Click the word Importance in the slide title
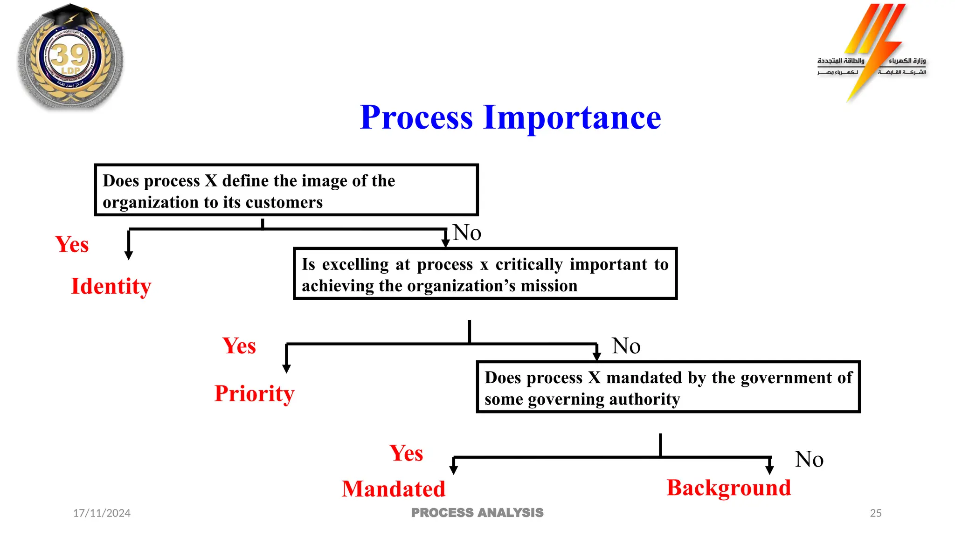[x=572, y=117]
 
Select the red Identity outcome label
[x=111, y=286]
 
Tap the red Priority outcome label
[x=254, y=393]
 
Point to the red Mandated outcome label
[x=394, y=489]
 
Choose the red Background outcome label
[x=729, y=488]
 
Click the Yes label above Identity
[x=72, y=244]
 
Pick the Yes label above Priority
[x=239, y=346]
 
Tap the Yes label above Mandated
[x=406, y=453]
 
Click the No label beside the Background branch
[x=809, y=459]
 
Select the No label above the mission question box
[x=467, y=233]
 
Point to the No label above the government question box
[x=626, y=346]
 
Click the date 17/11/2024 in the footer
[x=102, y=513]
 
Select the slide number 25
[x=876, y=513]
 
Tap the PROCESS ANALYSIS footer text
[x=477, y=513]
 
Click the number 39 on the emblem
[x=69, y=55]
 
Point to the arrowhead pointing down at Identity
[x=129, y=255]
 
